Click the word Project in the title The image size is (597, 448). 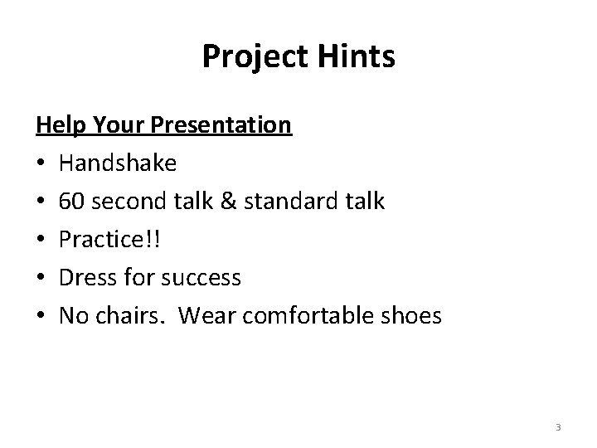click(x=251, y=57)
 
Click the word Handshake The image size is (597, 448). click(x=117, y=163)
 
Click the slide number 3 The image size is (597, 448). click(x=558, y=427)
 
